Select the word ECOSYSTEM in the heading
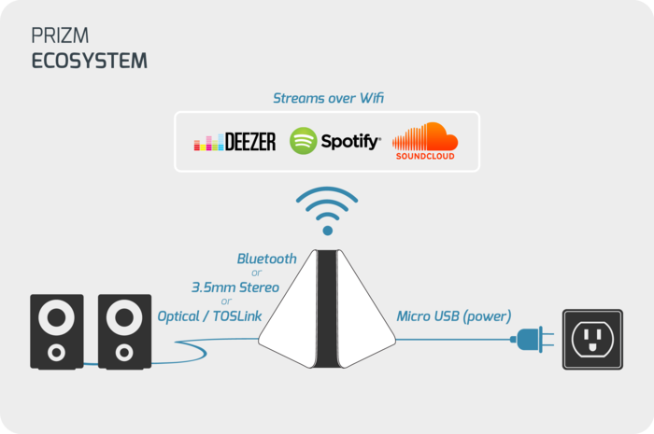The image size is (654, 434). click(90, 62)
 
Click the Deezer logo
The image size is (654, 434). click(235, 142)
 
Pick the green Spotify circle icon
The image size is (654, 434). click(304, 141)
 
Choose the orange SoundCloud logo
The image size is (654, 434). click(425, 141)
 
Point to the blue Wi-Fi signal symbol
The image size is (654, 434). click(326, 211)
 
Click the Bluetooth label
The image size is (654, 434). click(266, 258)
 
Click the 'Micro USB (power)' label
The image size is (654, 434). click(454, 316)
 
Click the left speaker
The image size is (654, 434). click(57, 330)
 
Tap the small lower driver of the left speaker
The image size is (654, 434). click(57, 352)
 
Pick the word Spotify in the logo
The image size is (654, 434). click(350, 142)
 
